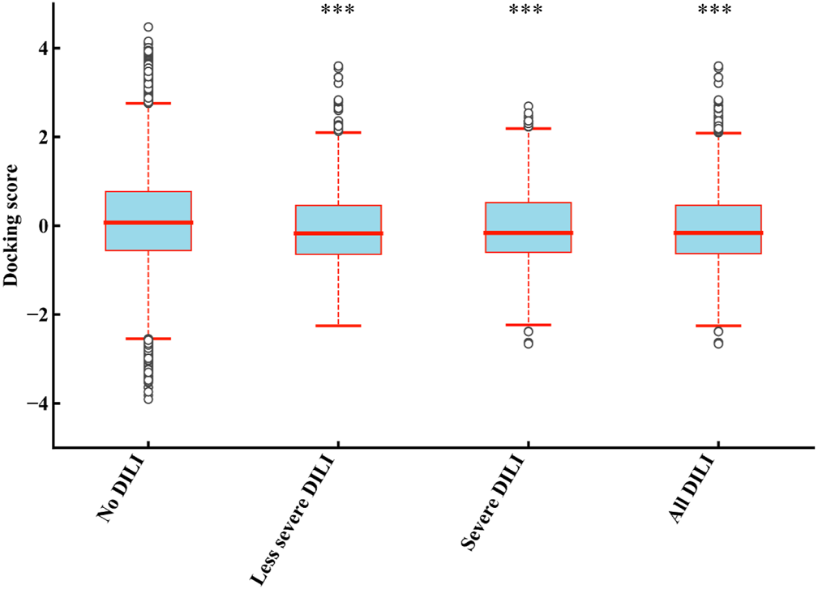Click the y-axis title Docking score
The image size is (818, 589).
(x=11, y=226)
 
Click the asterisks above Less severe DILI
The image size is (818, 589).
(x=338, y=11)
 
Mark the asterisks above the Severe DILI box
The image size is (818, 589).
(x=528, y=11)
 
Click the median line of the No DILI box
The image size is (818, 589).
(x=148, y=222)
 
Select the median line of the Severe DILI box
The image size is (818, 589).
(x=528, y=233)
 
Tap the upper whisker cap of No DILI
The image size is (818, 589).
(x=148, y=104)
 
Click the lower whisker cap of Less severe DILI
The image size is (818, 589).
(x=338, y=325)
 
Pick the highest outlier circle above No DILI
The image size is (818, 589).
(x=148, y=27)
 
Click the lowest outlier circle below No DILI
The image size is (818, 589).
(x=148, y=399)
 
